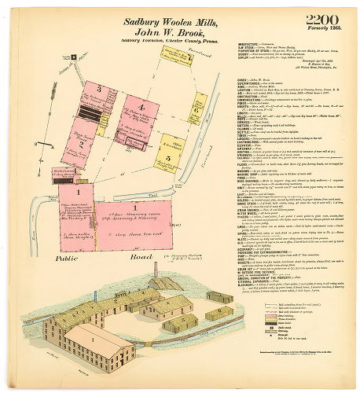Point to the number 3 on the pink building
pyautogui.click(x=98, y=88)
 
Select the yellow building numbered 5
pyautogui.click(x=168, y=158)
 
